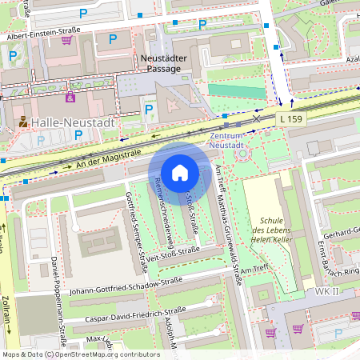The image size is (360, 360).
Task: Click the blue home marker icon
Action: pyautogui.click(x=180, y=172)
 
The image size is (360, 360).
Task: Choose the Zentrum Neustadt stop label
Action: pyautogui.click(x=232, y=142)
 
